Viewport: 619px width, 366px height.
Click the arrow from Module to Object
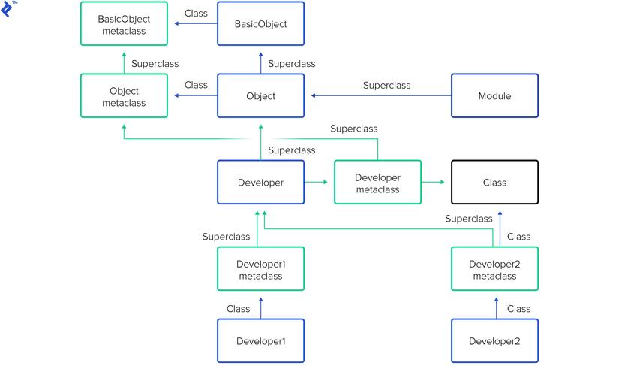(x=381, y=95)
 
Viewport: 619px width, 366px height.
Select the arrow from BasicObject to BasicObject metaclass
(x=196, y=24)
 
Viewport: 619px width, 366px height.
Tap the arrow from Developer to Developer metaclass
(x=316, y=182)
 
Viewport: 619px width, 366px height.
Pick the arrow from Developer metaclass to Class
(x=433, y=182)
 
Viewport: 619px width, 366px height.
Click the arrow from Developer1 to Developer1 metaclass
(x=260, y=308)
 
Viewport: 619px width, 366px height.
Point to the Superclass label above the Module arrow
(x=387, y=86)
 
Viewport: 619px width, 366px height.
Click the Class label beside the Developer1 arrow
(x=238, y=309)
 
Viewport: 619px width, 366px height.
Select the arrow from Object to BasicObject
(x=260, y=63)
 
